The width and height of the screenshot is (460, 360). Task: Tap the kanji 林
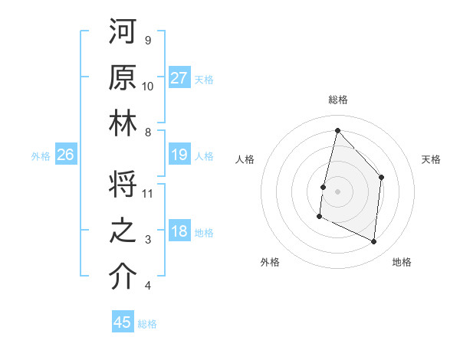[123, 123]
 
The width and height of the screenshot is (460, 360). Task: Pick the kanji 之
[123, 231]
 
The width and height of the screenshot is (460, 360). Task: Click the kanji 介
[123, 277]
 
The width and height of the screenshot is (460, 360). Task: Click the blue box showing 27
[179, 77]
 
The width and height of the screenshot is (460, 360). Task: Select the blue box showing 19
[179, 155]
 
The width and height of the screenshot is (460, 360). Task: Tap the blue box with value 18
[179, 232]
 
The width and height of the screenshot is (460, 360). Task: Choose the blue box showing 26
[65, 155]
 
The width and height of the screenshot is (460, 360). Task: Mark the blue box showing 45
[123, 322]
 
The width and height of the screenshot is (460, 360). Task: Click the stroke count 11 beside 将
[149, 193]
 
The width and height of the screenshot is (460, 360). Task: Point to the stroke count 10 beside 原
[148, 87]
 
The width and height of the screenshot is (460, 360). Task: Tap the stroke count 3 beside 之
[148, 240]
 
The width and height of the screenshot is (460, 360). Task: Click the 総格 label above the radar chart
[338, 100]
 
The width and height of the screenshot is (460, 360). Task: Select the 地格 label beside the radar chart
[402, 263]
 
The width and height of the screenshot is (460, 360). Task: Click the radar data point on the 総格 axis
[337, 130]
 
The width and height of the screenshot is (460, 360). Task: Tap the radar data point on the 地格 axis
[374, 242]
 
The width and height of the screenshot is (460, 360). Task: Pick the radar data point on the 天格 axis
[382, 177]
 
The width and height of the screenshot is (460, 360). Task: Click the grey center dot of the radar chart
[337, 191]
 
